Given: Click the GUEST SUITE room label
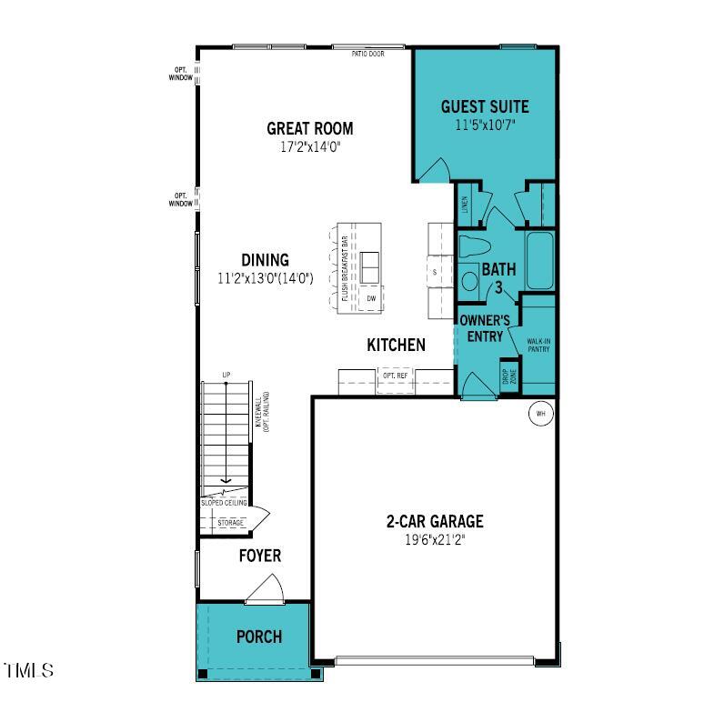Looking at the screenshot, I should coord(484,106).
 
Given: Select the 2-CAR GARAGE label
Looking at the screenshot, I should coord(434,522).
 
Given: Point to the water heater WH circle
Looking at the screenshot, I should coord(539,414).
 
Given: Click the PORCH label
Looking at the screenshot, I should coord(258,637).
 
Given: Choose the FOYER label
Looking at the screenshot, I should coord(259,556).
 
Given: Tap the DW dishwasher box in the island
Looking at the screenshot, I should coord(371,298).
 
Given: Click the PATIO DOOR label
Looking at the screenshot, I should coord(369,54).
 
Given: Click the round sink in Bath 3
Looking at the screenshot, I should coord(470,281).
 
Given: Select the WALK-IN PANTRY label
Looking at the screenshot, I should coord(538,345).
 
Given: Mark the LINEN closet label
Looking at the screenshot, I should coord(464,206).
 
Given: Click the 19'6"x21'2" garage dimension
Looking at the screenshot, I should coord(434,539).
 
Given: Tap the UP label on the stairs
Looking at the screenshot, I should coord(226,375).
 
